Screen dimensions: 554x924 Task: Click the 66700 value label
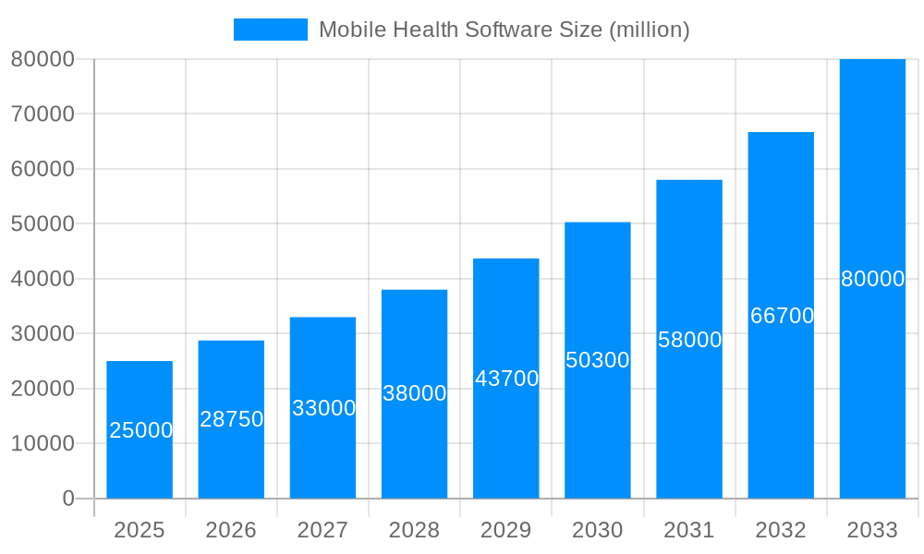pyautogui.click(x=782, y=316)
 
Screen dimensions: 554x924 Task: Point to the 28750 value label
pyautogui.click(x=231, y=419)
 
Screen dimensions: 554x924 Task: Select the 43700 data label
pyautogui.click(x=506, y=379)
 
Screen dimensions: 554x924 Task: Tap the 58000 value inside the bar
pyautogui.click(x=689, y=340)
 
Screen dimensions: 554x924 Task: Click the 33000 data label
pyautogui.click(x=323, y=408)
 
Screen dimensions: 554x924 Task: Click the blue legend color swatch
pyautogui.click(x=270, y=30)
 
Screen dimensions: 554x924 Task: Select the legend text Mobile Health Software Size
pyautogui.click(x=504, y=30)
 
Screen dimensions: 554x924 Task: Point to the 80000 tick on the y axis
pyautogui.click(x=43, y=59)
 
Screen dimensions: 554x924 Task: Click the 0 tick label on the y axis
pyautogui.click(x=68, y=499)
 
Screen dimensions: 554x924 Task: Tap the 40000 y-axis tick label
pyautogui.click(x=43, y=279)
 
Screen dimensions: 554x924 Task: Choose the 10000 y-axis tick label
pyautogui.click(x=43, y=443)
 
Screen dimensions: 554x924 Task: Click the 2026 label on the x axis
pyautogui.click(x=231, y=530)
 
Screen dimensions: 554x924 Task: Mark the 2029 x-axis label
pyautogui.click(x=506, y=530)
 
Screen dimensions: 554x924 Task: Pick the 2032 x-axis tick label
pyautogui.click(x=781, y=530)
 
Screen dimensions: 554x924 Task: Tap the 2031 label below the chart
pyautogui.click(x=689, y=530)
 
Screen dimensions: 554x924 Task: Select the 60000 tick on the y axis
pyautogui.click(x=43, y=169)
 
